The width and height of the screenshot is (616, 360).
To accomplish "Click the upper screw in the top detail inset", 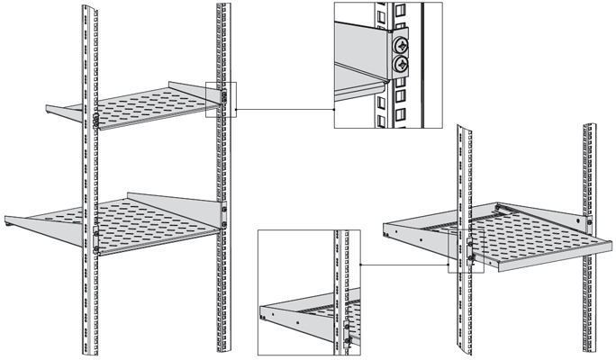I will [399, 44].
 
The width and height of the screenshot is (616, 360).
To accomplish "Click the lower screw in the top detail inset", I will [399, 63].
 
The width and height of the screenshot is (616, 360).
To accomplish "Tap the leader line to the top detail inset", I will [284, 111].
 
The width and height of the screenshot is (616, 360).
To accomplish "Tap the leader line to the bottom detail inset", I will [405, 265].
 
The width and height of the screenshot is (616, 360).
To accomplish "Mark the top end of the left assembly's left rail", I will [87, 7].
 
